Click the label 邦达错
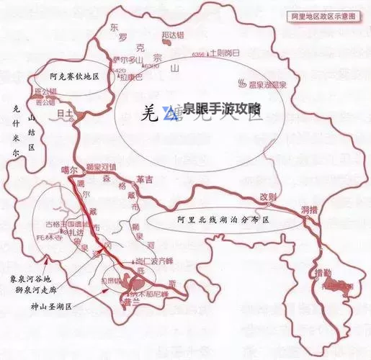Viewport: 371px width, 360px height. (172, 34)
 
